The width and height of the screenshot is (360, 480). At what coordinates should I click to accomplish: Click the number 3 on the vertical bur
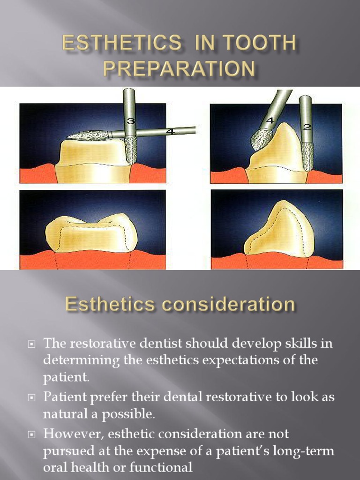pos(130,121)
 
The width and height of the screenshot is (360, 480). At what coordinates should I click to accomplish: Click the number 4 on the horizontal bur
pos(171,132)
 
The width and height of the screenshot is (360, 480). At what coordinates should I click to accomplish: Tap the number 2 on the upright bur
pos(307,127)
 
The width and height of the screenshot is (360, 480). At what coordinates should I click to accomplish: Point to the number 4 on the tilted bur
pos(270,121)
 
